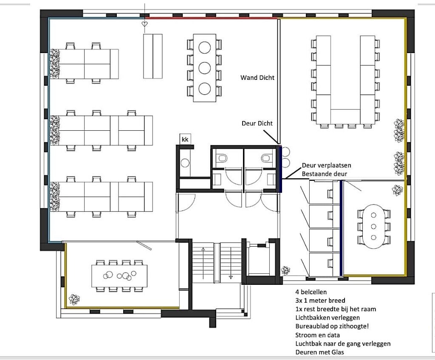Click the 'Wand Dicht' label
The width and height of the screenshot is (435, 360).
pyautogui.click(x=257, y=78)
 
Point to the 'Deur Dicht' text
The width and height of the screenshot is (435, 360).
pyautogui.click(x=257, y=124)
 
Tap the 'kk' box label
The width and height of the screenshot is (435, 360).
pyautogui.click(x=185, y=139)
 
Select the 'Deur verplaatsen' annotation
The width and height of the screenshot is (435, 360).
pyautogui.click(x=327, y=165)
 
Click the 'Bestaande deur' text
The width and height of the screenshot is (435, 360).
pyautogui.click(x=325, y=174)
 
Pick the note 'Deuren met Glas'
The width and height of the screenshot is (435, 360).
pyautogui.click(x=319, y=352)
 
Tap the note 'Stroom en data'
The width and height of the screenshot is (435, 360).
pyautogui.click(x=317, y=335)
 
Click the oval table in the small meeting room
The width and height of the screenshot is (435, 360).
pyautogui.click(x=373, y=226)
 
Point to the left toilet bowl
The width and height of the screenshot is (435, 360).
pyautogui.click(x=222, y=158)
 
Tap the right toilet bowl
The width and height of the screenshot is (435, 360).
pyautogui.click(x=266, y=158)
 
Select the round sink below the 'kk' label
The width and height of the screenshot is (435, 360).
pyautogui.click(x=185, y=163)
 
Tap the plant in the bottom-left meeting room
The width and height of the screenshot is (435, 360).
pyautogui.click(x=74, y=299)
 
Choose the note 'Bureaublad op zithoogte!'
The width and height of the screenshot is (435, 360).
pyautogui.click(x=332, y=326)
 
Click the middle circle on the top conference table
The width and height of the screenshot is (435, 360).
pyautogui.click(x=204, y=68)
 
